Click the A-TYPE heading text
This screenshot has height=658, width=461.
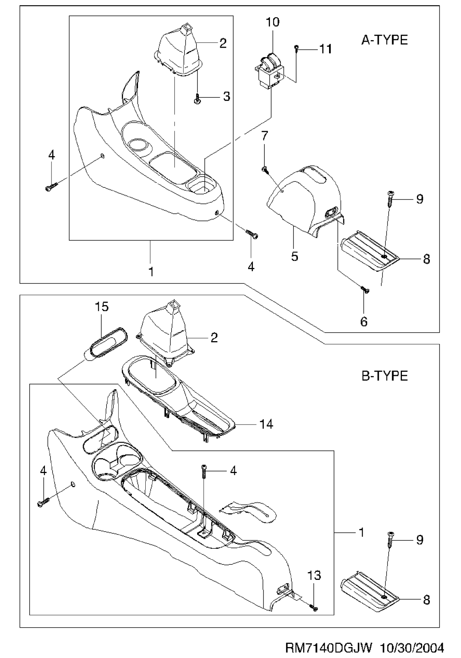tap(385, 40)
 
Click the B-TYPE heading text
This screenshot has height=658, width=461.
tap(385, 376)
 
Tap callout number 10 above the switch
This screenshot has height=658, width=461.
tap(273, 22)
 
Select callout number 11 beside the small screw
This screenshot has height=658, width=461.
tap(325, 49)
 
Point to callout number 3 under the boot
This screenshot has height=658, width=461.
tap(227, 97)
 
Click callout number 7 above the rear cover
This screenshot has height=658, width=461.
tap(264, 136)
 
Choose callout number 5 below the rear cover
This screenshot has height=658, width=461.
tap(294, 256)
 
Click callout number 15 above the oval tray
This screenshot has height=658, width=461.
tap(102, 307)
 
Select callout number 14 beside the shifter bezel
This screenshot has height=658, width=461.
tap(266, 424)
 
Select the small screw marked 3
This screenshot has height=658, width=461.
tap(198, 98)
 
